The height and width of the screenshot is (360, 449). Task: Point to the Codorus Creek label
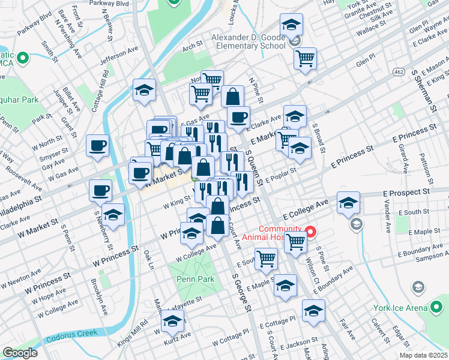[x=68, y=349]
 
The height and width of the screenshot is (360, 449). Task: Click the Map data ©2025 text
[x=423, y=355]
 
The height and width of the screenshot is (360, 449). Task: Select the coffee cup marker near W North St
[x=97, y=145]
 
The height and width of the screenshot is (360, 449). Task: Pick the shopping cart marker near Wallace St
[x=305, y=58]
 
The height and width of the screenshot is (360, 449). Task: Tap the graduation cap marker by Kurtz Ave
[x=172, y=323]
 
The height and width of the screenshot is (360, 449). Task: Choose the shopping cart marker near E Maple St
[x=265, y=259]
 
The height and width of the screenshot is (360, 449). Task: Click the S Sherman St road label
[x=424, y=90]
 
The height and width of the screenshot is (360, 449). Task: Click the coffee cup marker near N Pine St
[x=238, y=116]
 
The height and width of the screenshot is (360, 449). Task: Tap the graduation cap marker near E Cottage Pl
[x=313, y=310]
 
